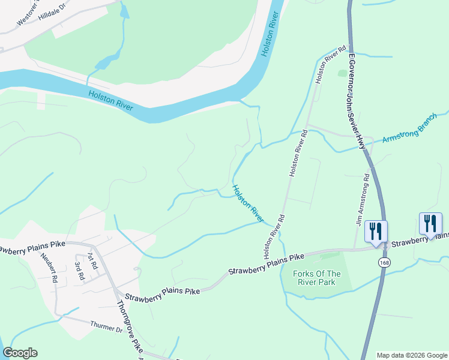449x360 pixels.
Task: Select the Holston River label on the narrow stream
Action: [248, 203]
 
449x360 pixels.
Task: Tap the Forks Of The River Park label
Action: [317, 278]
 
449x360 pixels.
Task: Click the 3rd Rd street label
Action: [79, 271]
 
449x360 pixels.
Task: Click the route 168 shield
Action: [383, 263]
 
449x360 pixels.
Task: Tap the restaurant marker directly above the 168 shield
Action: [376, 231]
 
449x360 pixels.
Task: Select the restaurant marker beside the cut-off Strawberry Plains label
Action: [430, 224]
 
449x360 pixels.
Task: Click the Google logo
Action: [20, 353]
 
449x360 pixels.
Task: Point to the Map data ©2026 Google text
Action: [412, 355]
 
